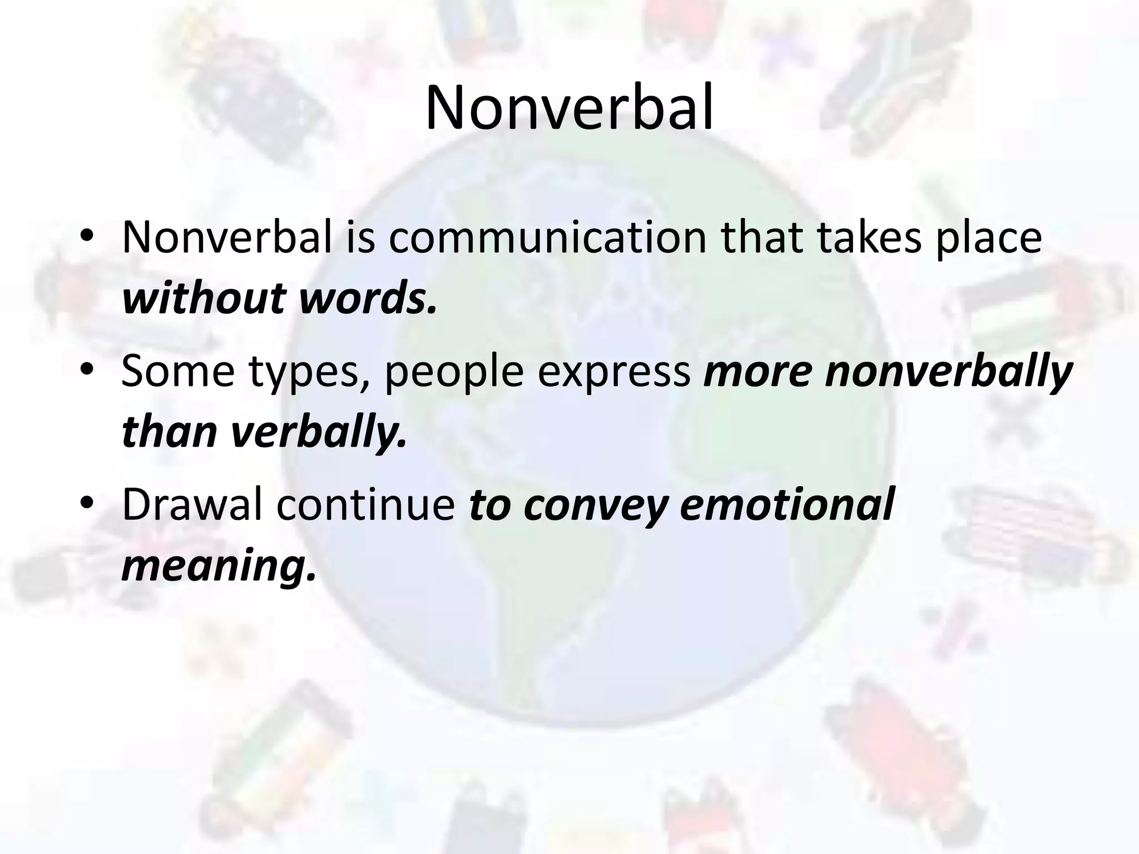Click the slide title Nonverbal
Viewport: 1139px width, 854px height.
point(569,108)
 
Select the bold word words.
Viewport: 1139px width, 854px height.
point(367,299)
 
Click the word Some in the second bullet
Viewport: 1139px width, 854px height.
point(178,371)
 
